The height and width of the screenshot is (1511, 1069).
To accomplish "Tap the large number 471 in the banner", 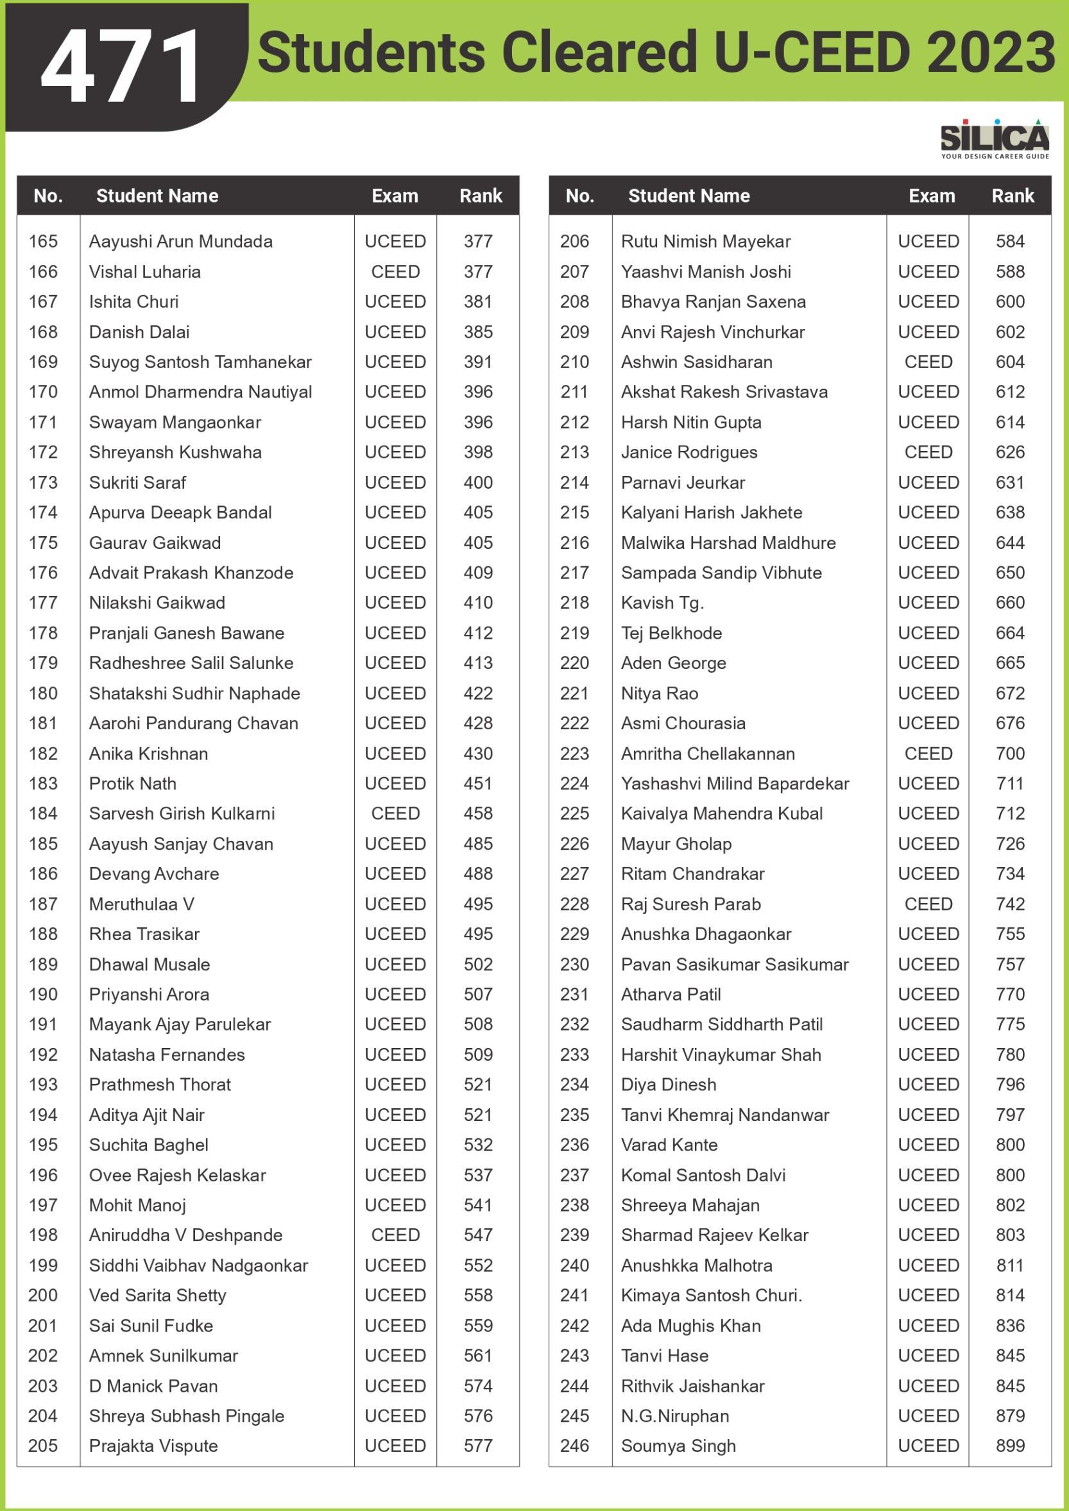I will pyautogui.click(x=122, y=67).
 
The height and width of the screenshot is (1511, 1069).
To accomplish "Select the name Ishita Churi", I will pyautogui.click(x=133, y=301).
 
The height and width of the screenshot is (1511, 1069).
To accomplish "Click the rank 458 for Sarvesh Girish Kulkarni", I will pyautogui.click(x=478, y=813).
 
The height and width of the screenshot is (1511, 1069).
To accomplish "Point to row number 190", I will pyautogui.click(x=43, y=994).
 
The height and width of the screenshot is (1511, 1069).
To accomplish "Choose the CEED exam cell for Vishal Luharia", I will pyautogui.click(x=395, y=272).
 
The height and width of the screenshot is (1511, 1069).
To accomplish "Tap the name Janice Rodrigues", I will pyautogui.click(x=689, y=452).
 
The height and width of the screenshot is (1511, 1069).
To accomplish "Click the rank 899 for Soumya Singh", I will pyautogui.click(x=1010, y=1446).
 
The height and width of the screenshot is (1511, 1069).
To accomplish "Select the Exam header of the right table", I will pyautogui.click(x=932, y=196).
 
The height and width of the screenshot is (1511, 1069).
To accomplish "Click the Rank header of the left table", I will pyautogui.click(x=481, y=196).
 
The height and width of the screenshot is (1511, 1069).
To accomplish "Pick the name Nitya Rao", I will pyautogui.click(x=660, y=693).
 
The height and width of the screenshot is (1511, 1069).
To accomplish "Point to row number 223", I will pyautogui.click(x=575, y=754).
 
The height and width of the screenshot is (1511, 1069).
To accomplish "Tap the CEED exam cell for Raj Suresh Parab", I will pyautogui.click(x=928, y=904).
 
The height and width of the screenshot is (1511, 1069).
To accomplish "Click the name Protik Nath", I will pyautogui.click(x=132, y=783).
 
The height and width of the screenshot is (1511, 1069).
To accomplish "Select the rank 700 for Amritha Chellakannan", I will pyautogui.click(x=1010, y=754).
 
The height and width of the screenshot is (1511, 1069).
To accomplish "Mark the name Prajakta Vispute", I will pyautogui.click(x=153, y=1446).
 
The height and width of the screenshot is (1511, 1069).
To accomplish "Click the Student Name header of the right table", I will pyautogui.click(x=688, y=196).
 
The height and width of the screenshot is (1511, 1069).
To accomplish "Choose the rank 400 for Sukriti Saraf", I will pyautogui.click(x=478, y=482).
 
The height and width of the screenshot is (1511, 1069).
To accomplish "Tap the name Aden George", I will pyautogui.click(x=673, y=663).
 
